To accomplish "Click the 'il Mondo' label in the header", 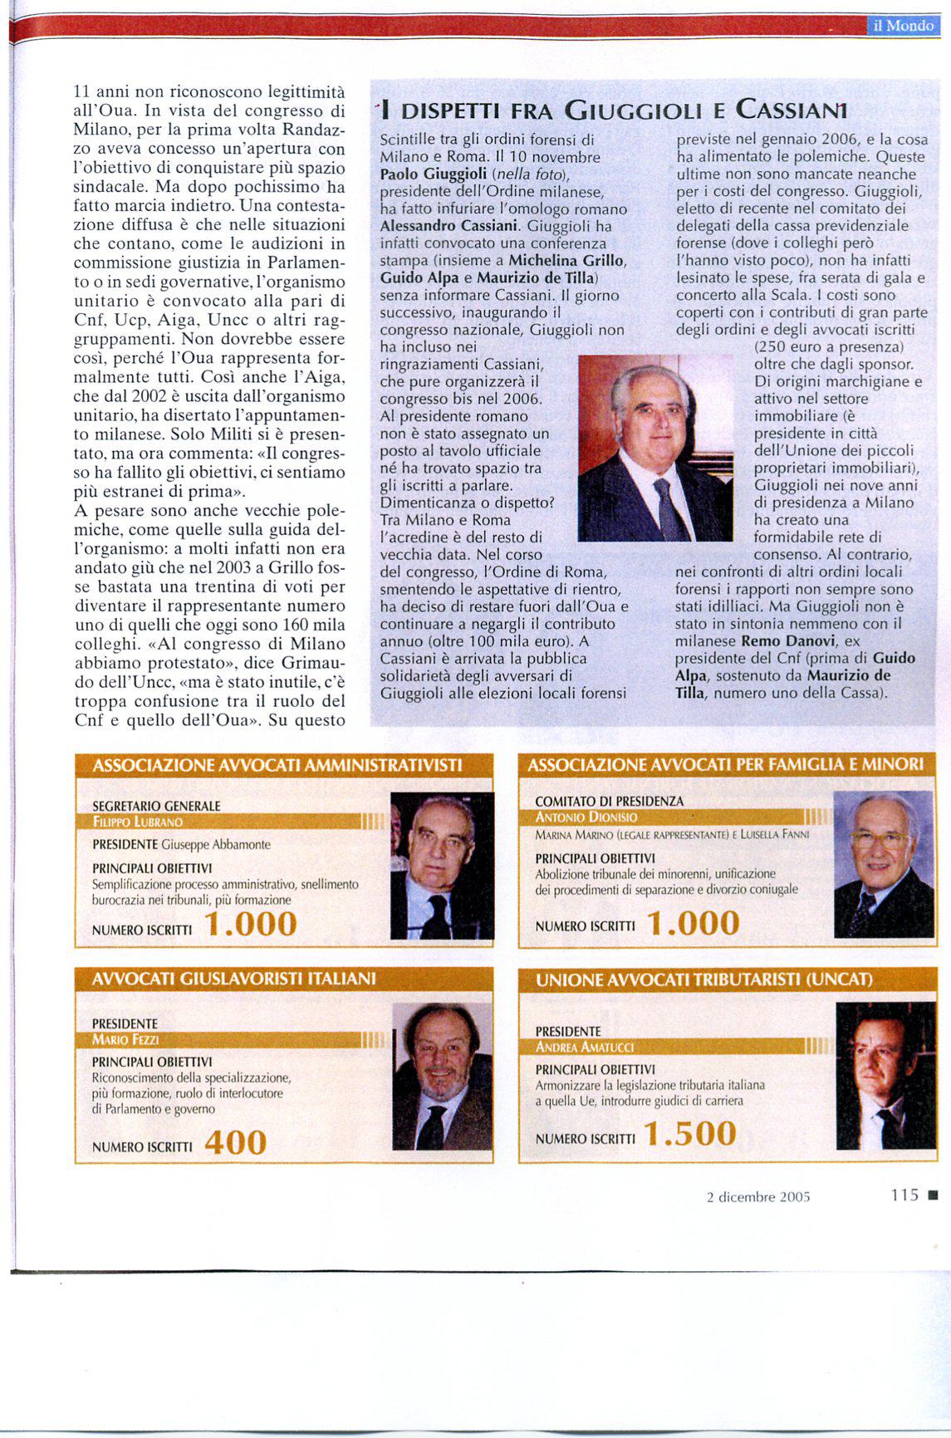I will click(x=904, y=26).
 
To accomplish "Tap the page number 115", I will click(x=904, y=1195).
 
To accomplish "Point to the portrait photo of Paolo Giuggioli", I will click(x=654, y=448).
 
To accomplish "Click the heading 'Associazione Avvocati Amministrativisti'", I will click(x=277, y=765).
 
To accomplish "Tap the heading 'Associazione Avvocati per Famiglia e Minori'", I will click(x=725, y=763).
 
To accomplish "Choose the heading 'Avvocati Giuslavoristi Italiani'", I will click(x=234, y=979).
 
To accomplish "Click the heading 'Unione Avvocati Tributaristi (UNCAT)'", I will click(x=704, y=980).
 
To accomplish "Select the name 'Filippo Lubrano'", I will click(x=139, y=822).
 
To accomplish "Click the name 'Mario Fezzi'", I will click(x=125, y=1039).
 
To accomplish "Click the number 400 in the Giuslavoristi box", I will click(x=235, y=1144).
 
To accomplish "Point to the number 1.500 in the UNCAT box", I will click(x=690, y=1134).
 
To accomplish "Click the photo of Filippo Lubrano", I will click(x=442, y=866).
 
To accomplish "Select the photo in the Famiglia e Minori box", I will click(x=883, y=864).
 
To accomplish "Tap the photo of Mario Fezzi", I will click(x=442, y=1077).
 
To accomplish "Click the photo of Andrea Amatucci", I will click(x=885, y=1076).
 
